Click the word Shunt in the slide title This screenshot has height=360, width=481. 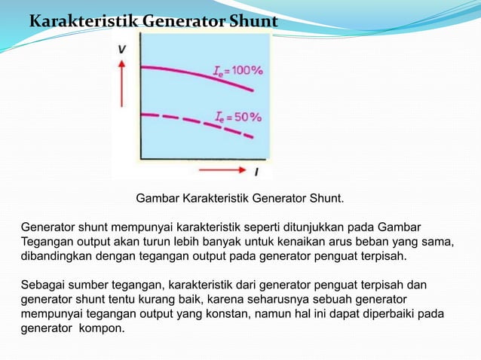[x=252, y=23]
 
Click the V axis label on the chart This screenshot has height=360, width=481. [x=121, y=49]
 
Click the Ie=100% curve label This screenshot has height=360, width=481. [x=237, y=71]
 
